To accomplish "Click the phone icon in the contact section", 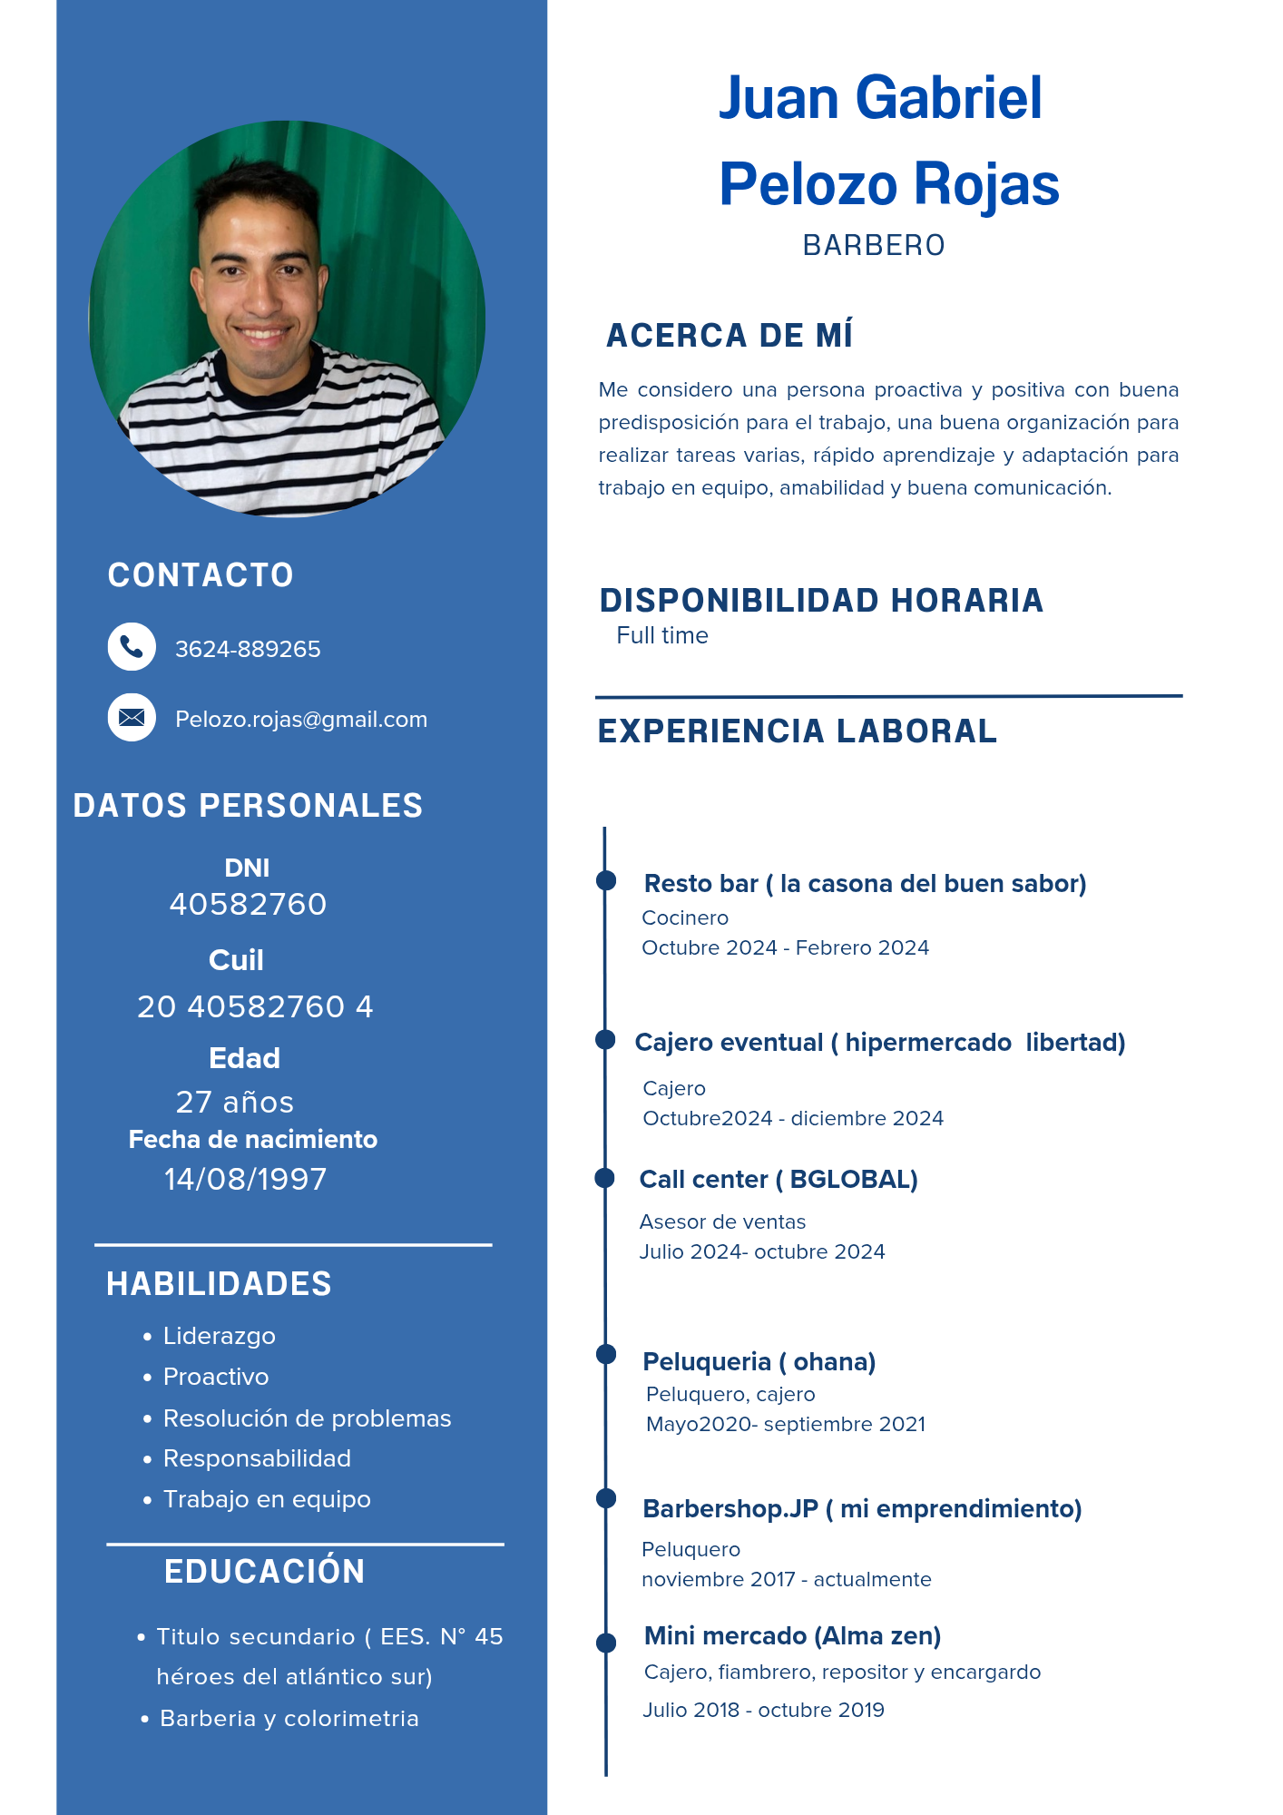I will [132, 647].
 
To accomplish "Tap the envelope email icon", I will [132, 718].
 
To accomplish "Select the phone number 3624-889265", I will [248, 650].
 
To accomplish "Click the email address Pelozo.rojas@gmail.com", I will [301, 720].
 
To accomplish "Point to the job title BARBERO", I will [874, 246].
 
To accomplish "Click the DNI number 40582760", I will [248, 905].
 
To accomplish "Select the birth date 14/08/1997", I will [245, 1180].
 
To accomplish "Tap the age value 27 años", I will [235, 1103].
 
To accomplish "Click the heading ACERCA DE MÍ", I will [730, 336].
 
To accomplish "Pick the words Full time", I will [662, 636].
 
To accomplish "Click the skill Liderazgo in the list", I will [220, 1336].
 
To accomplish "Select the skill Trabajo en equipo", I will [267, 1499].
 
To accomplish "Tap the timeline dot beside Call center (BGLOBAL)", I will [605, 1178].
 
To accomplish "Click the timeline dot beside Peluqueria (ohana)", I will [606, 1354].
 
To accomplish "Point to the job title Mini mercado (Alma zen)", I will [792, 1636].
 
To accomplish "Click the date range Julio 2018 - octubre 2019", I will [763, 1711].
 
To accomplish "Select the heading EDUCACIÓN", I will [265, 1572].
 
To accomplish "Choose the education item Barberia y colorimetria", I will [289, 1719].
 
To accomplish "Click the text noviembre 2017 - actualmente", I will [787, 1580].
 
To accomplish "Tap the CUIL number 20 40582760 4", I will [255, 1007].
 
